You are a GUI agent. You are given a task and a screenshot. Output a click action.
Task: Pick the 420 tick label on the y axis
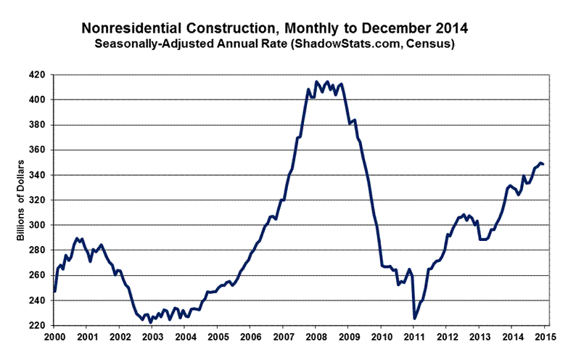click(x=40, y=75)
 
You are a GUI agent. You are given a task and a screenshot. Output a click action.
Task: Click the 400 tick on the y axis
click(x=40, y=100)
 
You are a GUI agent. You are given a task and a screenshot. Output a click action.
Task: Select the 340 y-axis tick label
click(x=40, y=175)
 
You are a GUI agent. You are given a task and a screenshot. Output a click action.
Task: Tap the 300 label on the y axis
click(x=40, y=225)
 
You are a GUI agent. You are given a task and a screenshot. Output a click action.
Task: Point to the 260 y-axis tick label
click(x=40, y=275)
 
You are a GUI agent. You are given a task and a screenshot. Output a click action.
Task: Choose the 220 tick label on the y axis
click(x=40, y=325)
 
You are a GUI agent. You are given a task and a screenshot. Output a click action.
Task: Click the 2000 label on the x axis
click(x=54, y=337)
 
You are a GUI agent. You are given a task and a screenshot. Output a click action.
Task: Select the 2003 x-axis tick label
click(x=152, y=337)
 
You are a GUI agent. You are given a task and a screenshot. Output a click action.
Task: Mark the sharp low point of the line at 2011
click(x=414, y=318)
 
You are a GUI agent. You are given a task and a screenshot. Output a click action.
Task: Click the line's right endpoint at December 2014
click(x=543, y=164)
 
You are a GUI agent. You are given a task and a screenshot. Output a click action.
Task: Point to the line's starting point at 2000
click(x=54, y=291)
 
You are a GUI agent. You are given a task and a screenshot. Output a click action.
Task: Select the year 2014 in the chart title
click(x=453, y=28)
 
